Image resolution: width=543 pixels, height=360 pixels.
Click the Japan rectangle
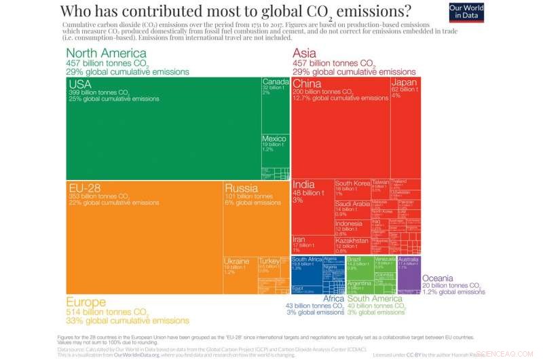tap(406, 126)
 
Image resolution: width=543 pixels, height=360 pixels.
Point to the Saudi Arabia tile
tap(352, 208)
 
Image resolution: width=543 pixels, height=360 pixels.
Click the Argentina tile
tap(359, 286)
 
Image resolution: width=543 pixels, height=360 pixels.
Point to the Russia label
tap(241, 187)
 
